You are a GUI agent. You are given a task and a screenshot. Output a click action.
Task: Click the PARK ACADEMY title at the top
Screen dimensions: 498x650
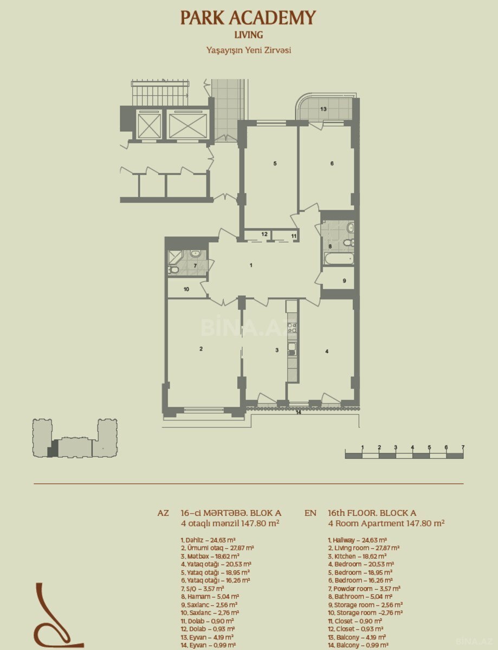pyautogui.click(x=248, y=18)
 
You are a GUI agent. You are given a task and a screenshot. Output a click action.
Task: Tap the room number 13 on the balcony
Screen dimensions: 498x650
pyautogui.click(x=324, y=109)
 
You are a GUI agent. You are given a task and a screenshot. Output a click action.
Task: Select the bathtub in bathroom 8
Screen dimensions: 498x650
pyautogui.click(x=339, y=258)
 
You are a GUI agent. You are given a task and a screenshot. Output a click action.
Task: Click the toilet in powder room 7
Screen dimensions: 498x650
pyautogui.click(x=173, y=270)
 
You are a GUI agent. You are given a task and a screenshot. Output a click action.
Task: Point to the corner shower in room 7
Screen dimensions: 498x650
pyautogui.click(x=175, y=257)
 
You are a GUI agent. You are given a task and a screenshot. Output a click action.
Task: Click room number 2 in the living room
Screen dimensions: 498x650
pyautogui.click(x=201, y=348)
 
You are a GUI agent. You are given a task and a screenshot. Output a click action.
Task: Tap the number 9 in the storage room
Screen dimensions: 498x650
pyautogui.click(x=344, y=281)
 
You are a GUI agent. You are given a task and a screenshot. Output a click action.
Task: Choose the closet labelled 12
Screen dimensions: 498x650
pyautogui.click(x=258, y=235)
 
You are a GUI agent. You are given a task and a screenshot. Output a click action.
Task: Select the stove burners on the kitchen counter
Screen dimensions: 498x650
pyautogui.click(x=292, y=328)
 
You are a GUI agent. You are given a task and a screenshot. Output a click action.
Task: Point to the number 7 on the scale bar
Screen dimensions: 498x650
pyautogui.click(x=463, y=447)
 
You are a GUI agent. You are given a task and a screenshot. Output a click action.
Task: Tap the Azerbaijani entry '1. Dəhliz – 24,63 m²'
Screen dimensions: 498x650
pyautogui.click(x=208, y=540)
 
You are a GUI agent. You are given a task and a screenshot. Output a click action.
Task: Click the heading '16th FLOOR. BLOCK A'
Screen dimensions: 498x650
pyautogui.click(x=372, y=513)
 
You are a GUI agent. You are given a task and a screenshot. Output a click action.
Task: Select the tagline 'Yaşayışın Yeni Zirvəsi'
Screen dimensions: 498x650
pyautogui.click(x=249, y=50)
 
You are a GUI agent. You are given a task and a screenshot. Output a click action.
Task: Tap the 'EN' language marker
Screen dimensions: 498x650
pyautogui.click(x=310, y=513)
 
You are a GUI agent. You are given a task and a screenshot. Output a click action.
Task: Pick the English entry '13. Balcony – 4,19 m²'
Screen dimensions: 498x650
pyautogui.click(x=357, y=637)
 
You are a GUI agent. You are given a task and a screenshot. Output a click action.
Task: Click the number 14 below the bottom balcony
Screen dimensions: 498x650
pyautogui.click(x=298, y=413)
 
